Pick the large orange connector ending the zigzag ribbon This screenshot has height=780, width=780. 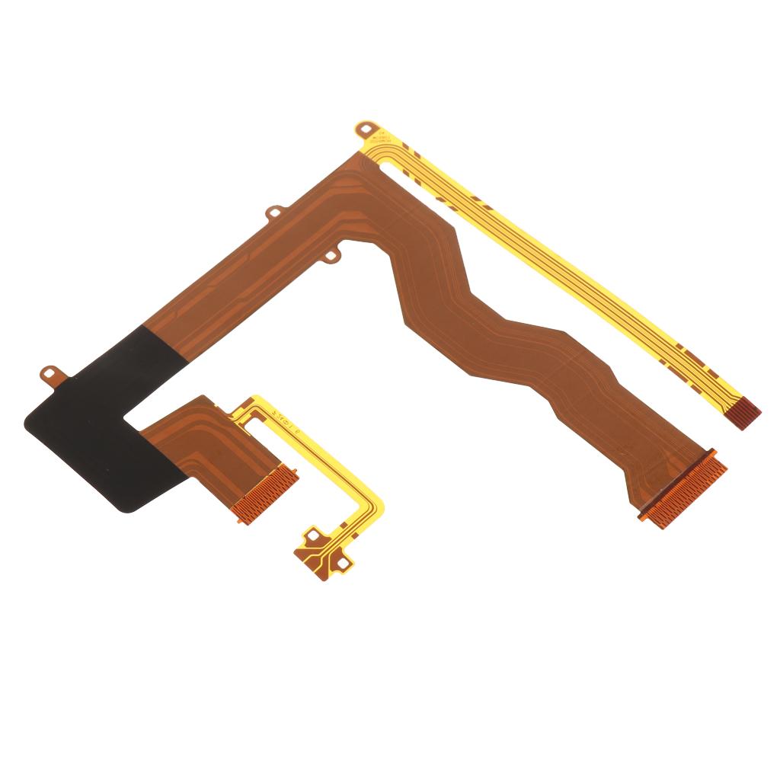pos(682,491)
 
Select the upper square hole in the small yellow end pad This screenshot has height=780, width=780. pos(310,536)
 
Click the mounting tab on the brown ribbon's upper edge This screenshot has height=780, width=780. pos(273,213)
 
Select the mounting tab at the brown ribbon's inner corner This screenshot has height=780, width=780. pos(331,256)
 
